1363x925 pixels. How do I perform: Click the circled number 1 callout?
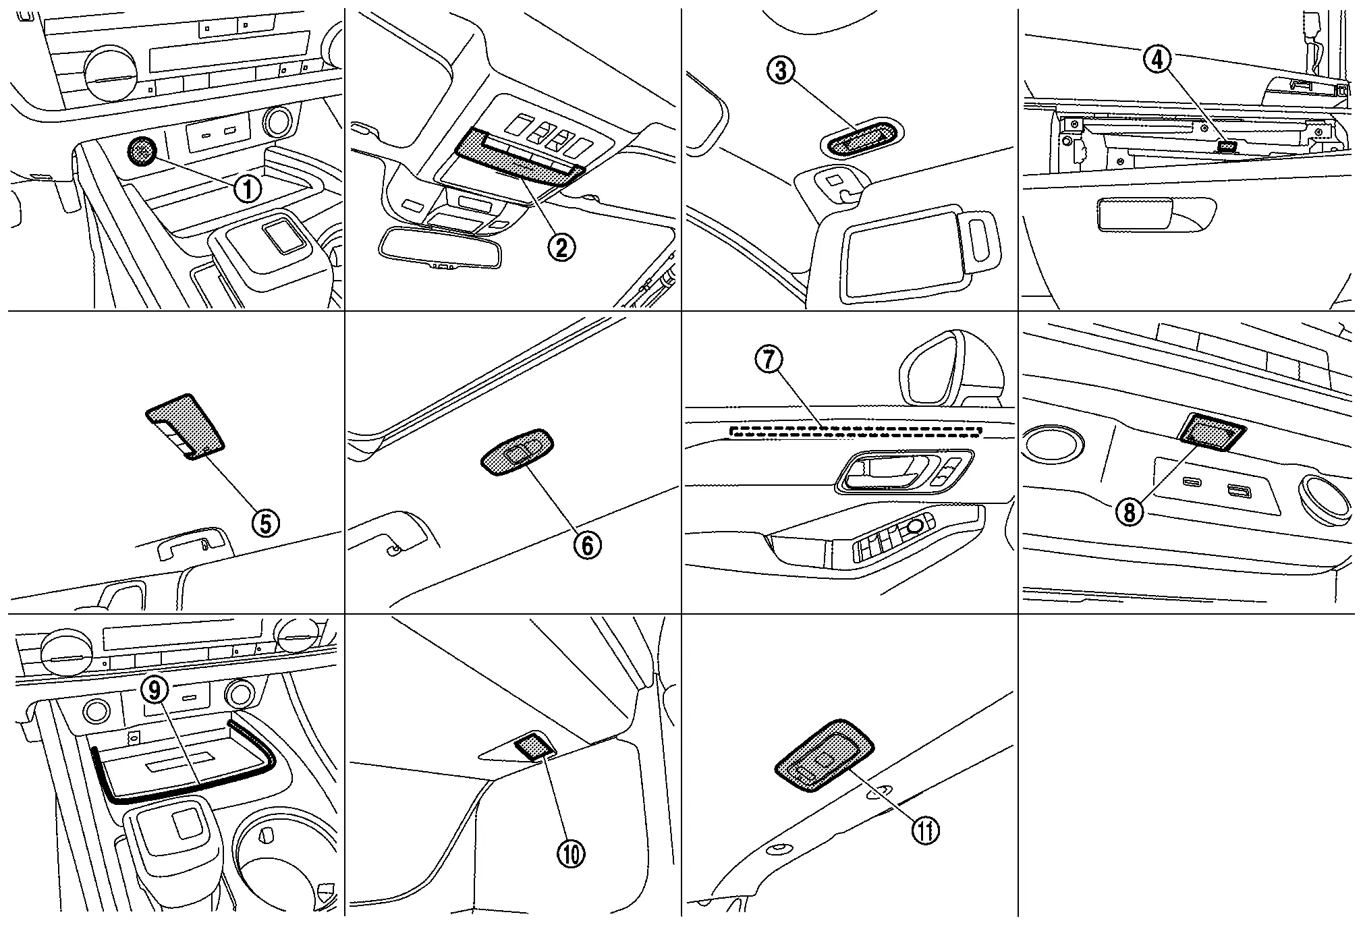click(248, 190)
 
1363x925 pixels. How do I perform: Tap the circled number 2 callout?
click(561, 248)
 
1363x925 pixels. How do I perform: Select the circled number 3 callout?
click(781, 70)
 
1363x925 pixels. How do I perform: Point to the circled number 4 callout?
click(1157, 60)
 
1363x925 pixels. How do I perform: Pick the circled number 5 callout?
click(265, 523)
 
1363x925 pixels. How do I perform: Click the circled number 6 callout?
click(587, 545)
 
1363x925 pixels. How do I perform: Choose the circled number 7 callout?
click(769, 360)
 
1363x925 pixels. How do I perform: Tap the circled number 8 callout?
click(1130, 513)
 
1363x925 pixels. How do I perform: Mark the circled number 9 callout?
click(155, 690)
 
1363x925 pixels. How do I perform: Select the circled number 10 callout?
click(571, 855)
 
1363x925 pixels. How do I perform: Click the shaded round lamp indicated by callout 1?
click(141, 152)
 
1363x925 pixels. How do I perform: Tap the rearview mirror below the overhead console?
click(441, 248)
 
